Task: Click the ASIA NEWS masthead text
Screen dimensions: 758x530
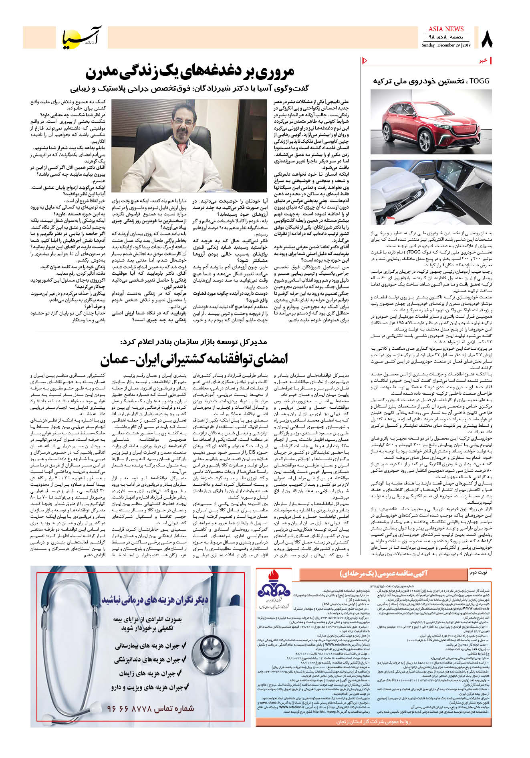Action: (445, 29)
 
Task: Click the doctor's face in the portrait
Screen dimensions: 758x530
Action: (185, 120)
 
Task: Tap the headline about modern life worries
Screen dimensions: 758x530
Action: (189, 72)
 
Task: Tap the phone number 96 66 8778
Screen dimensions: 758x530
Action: (151, 709)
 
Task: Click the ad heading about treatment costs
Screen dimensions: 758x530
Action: (155, 600)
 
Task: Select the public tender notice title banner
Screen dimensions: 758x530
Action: (383, 574)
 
